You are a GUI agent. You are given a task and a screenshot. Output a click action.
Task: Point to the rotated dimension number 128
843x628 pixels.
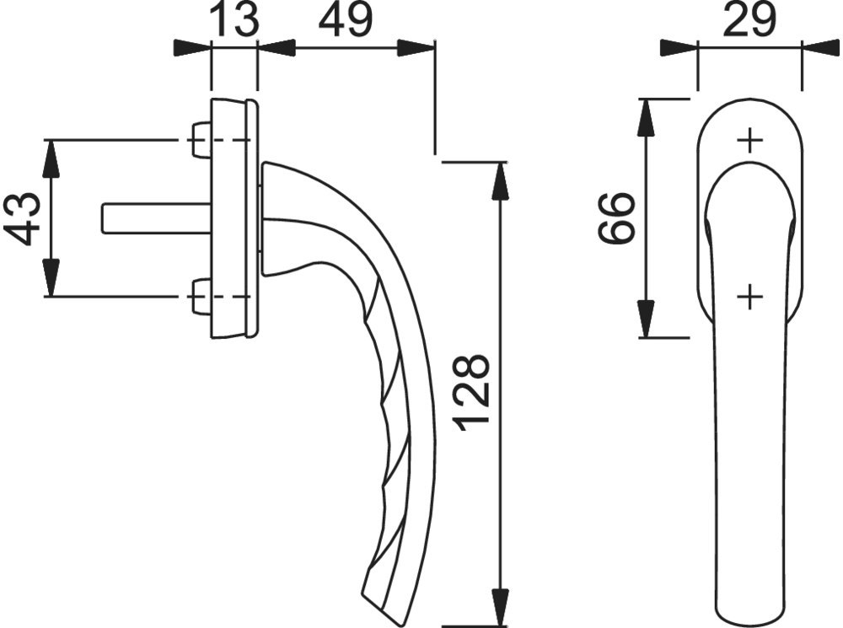pos(471,393)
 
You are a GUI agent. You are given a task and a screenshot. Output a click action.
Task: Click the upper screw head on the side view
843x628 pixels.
pos(200,140)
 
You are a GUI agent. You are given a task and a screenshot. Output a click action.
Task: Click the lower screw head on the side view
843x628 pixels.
pos(200,297)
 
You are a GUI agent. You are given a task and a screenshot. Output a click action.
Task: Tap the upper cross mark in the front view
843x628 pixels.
pos(749,141)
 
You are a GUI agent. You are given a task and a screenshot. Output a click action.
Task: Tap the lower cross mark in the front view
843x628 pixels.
pos(749,297)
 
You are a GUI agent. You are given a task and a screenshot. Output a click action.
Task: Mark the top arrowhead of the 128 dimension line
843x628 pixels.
pos(501,179)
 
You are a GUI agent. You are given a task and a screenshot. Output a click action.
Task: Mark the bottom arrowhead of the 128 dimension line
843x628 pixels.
pos(501,609)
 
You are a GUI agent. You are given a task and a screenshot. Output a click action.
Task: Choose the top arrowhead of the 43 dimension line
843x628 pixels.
pos(51,158)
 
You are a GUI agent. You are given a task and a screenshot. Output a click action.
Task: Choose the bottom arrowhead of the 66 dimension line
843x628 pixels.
pos(646,319)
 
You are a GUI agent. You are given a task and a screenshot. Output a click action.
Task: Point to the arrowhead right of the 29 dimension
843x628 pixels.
pos(820,48)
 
